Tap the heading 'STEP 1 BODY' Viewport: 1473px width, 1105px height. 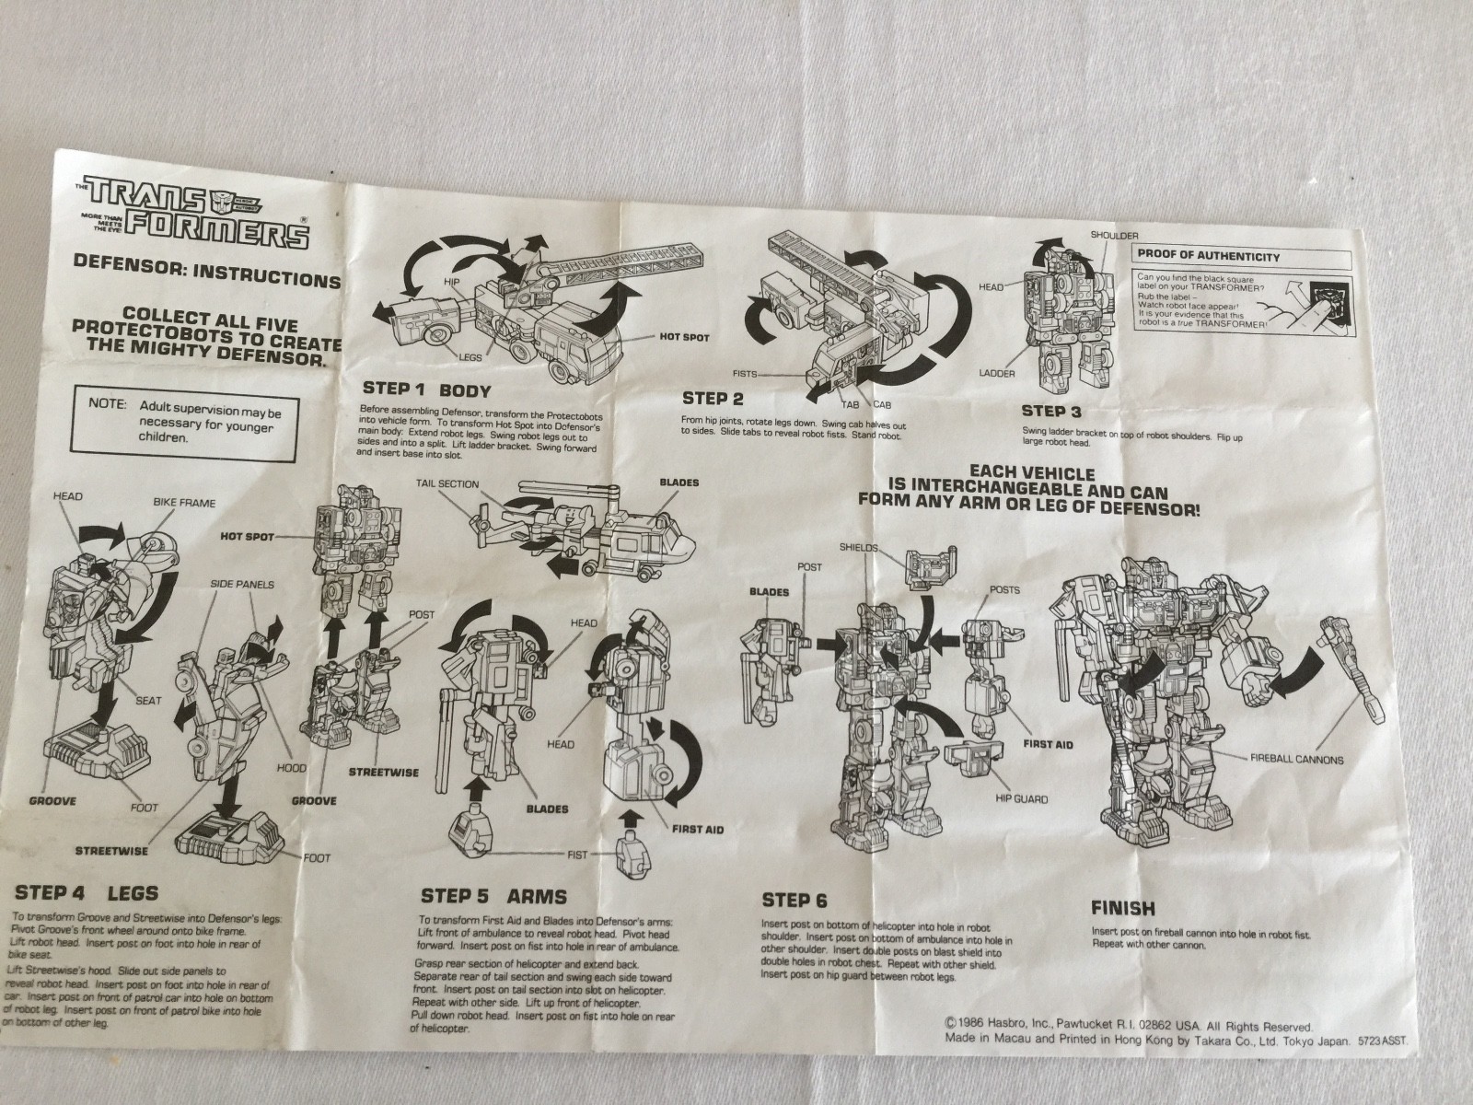click(427, 389)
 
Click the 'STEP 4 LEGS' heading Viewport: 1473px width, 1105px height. click(87, 892)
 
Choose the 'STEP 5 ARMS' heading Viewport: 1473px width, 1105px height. click(493, 895)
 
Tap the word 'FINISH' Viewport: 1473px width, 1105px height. click(1122, 908)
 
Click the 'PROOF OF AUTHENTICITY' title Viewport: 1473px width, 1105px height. click(1208, 256)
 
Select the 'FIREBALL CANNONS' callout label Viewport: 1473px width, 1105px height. click(1297, 760)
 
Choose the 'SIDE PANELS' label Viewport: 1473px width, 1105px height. click(242, 584)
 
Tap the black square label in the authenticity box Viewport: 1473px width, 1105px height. click(1334, 287)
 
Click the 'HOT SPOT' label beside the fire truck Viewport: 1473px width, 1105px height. click(685, 337)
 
